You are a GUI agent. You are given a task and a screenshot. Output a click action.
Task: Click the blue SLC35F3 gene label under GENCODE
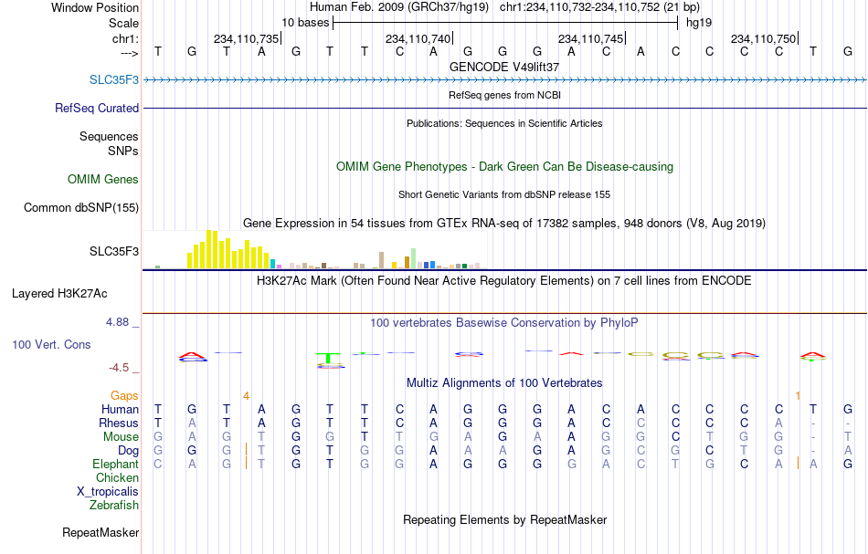(x=114, y=79)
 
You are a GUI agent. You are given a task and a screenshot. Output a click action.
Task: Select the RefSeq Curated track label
(x=97, y=108)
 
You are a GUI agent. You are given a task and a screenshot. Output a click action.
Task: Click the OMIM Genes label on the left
(x=103, y=179)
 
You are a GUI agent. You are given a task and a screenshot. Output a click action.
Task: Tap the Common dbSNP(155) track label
(x=81, y=208)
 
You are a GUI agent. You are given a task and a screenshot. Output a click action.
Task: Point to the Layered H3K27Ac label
(x=59, y=294)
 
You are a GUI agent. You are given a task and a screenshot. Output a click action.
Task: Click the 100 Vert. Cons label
(x=51, y=344)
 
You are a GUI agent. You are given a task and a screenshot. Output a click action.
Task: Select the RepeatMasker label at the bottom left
(x=101, y=532)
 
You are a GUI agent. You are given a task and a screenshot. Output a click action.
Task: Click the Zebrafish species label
(x=114, y=505)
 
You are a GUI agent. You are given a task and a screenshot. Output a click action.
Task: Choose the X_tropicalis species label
(x=108, y=492)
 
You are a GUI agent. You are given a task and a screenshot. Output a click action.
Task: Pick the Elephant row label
(x=116, y=465)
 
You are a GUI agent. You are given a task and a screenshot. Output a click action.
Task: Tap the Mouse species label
(x=121, y=437)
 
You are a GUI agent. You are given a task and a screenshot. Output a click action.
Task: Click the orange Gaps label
(x=124, y=396)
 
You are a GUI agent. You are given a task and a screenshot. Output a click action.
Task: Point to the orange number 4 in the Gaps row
(x=247, y=396)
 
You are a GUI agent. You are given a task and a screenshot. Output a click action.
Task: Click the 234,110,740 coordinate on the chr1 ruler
(x=418, y=38)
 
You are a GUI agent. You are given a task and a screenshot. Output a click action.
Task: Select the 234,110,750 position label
(x=763, y=38)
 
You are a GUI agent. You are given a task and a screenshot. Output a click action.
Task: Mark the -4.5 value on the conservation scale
(x=119, y=368)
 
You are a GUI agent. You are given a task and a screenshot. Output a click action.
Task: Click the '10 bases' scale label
(x=305, y=23)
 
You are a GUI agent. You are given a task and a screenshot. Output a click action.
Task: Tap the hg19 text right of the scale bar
(x=699, y=23)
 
